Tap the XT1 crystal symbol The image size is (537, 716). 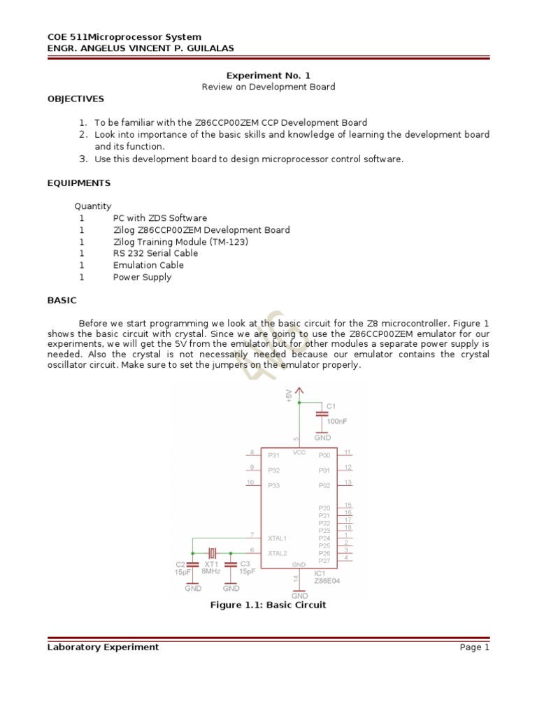coord(210,553)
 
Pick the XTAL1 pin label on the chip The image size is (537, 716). coord(277,538)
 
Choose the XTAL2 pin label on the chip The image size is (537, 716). coord(277,553)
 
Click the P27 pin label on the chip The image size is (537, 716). coord(324,561)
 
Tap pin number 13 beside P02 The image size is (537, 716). coord(348,482)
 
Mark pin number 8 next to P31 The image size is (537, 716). coord(252,452)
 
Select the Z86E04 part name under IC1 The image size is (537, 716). coord(327,580)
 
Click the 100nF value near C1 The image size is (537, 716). coord(337,422)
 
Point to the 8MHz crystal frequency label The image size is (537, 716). coord(210,571)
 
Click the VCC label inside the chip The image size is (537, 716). coord(299,452)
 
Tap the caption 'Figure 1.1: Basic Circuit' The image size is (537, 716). coord(268,605)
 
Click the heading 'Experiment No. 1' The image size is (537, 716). coord(268,75)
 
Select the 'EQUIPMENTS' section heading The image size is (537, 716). coord(79,182)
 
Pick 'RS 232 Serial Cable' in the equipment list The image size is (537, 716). coord(155,253)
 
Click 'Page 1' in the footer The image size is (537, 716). coord(474,647)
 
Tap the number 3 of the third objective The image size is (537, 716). coord(82,159)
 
